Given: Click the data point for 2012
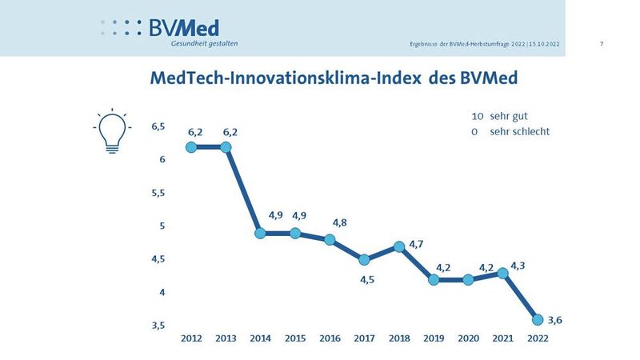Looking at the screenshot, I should [x=191, y=147].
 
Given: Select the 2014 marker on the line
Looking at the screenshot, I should [x=260, y=234].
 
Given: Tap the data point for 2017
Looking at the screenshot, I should [x=364, y=259].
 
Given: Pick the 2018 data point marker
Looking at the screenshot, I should [x=399, y=246].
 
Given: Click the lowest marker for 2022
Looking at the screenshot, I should [x=538, y=319].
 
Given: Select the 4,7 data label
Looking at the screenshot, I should [x=416, y=243].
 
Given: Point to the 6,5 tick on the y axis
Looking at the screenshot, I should [x=158, y=126].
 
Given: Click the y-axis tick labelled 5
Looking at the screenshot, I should [x=162, y=226].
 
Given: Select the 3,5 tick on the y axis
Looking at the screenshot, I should [x=158, y=326].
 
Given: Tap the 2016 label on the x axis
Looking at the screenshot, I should [x=330, y=339].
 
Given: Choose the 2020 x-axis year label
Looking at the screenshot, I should [x=468, y=339].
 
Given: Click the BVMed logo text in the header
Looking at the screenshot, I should [x=184, y=27].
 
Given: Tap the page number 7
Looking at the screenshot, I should [x=601, y=43].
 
